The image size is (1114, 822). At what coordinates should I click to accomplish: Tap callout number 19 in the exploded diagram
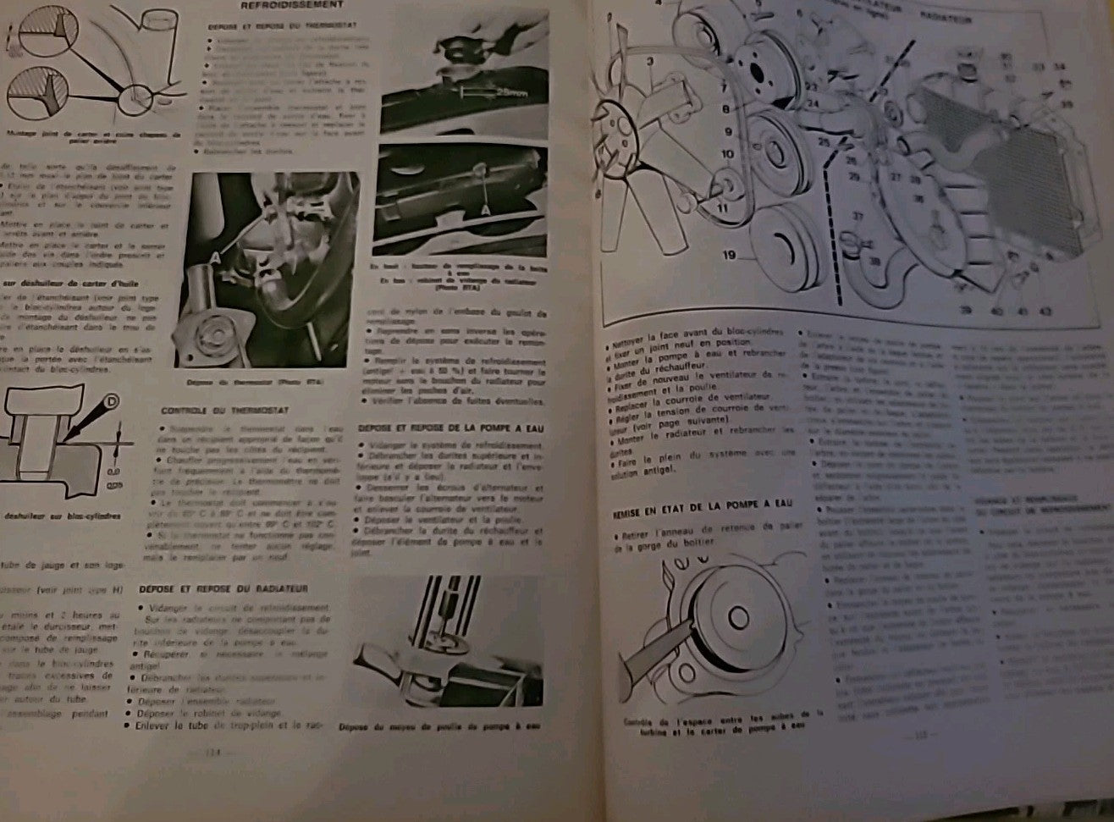[x=731, y=253]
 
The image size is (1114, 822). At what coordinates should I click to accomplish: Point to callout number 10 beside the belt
[x=728, y=155]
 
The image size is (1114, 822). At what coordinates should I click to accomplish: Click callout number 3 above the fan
[x=651, y=61]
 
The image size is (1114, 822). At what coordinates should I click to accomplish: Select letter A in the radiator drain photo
[x=486, y=207]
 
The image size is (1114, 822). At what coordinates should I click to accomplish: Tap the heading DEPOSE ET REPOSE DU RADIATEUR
[x=223, y=588]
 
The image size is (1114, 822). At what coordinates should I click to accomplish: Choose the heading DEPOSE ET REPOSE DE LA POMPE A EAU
[x=450, y=428]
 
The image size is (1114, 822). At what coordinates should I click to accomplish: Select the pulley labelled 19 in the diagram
[x=787, y=251]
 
